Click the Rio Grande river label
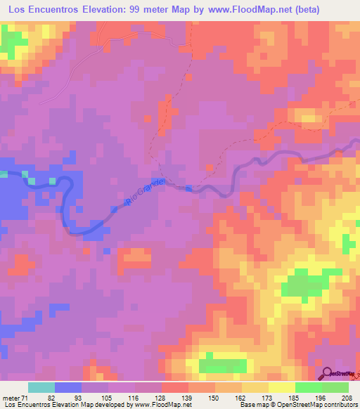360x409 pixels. click(x=144, y=192)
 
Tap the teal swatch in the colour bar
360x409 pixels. click(x=41, y=388)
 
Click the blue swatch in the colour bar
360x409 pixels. click(x=68, y=388)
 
